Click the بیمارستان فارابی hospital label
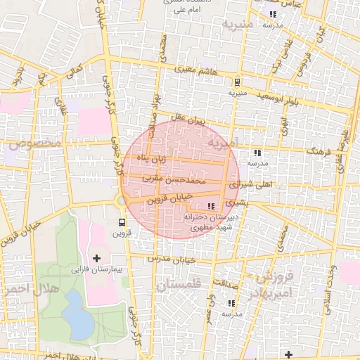[97, 269]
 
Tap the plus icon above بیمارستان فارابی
[97, 259]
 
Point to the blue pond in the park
[79, 314]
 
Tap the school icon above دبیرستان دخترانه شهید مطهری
[212, 206]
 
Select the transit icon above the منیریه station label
[237, 82]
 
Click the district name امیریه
[224, 144]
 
